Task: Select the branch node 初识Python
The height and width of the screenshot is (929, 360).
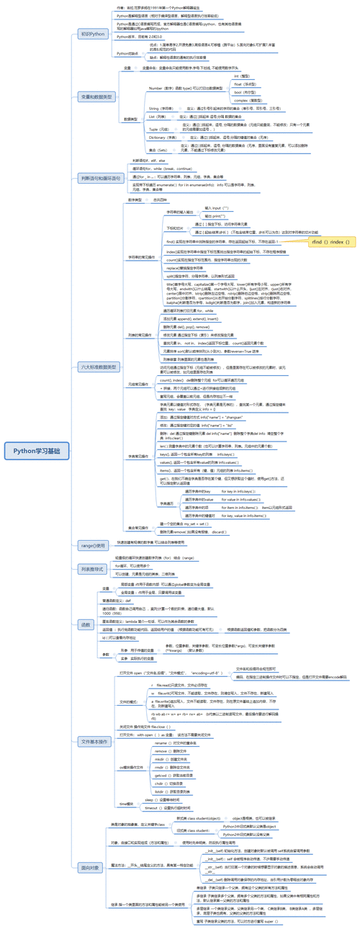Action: point(93,34)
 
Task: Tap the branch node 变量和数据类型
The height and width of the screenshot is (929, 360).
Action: point(95,97)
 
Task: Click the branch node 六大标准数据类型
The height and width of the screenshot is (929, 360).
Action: point(98,367)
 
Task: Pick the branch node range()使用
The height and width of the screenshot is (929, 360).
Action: point(94,526)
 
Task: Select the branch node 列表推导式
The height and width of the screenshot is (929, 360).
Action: point(94,548)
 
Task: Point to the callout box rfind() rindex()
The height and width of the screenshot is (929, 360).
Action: point(330,243)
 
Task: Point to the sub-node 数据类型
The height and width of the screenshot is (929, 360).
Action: point(130,120)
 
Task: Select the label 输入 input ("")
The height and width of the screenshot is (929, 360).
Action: point(216,207)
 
